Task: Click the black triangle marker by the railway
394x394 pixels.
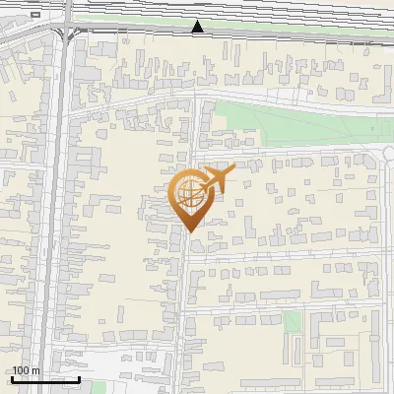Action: (x=198, y=27)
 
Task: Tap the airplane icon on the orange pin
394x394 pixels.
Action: (x=217, y=179)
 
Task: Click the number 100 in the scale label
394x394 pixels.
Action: (x=22, y=370)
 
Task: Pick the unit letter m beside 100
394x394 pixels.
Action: (x=36, y=370)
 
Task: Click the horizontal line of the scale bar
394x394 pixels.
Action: (x=45, y=379)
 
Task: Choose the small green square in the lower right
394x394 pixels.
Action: (x=292, y=322)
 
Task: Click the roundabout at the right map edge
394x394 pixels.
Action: (x=390, y=151)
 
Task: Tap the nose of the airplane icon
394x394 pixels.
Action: (x=233, y=169)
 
